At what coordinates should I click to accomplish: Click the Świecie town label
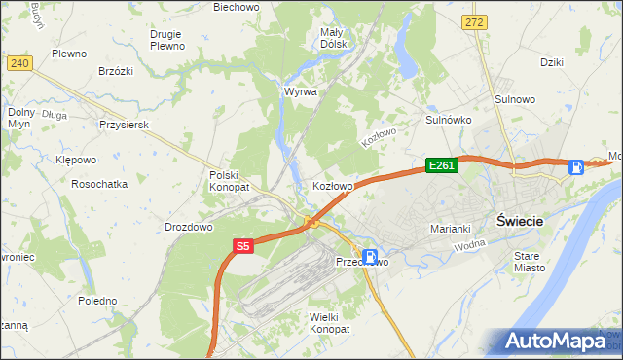coord(520,220)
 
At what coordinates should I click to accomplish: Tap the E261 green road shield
coord(441,166)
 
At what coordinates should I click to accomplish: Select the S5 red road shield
coord(243,247)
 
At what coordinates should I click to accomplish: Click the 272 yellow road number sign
coord(474,21)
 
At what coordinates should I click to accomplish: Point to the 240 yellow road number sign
coord(19,62)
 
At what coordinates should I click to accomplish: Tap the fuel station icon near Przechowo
coord(370,256)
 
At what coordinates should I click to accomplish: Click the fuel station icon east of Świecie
coord(576,167)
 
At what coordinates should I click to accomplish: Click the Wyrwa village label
coord(300,91)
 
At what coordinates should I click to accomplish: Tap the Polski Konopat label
coord(230,180)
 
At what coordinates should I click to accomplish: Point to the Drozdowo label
coord(189,227)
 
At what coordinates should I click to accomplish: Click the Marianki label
coord(451,229)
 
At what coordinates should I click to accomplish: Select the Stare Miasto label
coord(530,261)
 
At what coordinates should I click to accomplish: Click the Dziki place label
coord(553,62)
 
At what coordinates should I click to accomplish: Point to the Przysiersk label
coord(123,125)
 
